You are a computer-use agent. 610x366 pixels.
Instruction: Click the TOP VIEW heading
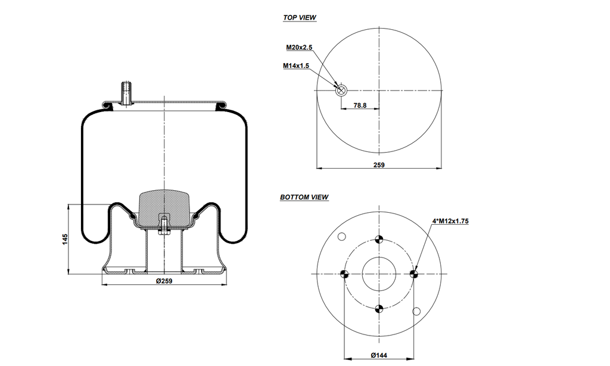click(x=299, y=18)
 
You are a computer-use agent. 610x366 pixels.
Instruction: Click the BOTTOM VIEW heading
click(x=304, y=197)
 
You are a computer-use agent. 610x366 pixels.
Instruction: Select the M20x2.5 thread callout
click(x=299, y=47)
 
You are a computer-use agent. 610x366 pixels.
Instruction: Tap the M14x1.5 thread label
click(x=296, y=66)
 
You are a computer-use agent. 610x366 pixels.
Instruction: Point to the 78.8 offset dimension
click(x=360, y=105)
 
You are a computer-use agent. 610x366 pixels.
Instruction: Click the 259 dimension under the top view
click(x=379, y=165)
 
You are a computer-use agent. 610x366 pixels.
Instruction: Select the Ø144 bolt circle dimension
click(x=379, y=355)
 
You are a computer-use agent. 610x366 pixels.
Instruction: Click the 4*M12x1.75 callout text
click(x=450, y=221)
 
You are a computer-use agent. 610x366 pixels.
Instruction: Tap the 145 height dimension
click(x=65, y=239)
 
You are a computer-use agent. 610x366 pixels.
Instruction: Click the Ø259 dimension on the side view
click(x=164, y=281)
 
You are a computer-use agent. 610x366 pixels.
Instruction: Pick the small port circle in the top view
click(x=341, y=91)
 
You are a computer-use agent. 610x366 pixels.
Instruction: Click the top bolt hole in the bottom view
click(x=379, y=240)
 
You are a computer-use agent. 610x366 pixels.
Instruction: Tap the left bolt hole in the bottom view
click(x=344, y=274)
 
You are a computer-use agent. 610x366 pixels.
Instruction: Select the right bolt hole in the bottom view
click(x=414, y=274)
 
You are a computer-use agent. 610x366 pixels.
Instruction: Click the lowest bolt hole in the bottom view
click(x=379, y=308)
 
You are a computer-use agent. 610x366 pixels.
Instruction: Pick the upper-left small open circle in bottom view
click(x=342, y=237)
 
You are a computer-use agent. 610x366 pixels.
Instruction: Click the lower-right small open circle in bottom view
click(x=416, y=311)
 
